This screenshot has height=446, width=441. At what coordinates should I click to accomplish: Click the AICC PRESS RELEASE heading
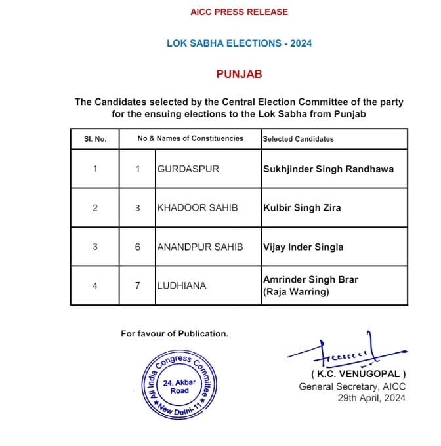click(239, 12)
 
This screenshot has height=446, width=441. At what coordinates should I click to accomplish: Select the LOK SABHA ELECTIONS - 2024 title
click(239, 43)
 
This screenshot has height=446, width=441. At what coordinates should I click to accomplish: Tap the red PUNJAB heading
click(239, 74)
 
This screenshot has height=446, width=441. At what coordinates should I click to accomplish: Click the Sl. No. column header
click(95, 139)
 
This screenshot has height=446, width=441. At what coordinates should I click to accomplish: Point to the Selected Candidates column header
click(298, 139)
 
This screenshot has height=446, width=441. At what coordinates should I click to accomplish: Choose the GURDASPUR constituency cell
click(188, 169)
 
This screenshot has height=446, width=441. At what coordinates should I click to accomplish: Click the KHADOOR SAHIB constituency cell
click(197, 208)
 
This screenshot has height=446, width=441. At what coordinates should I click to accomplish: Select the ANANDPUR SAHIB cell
click(199, 247)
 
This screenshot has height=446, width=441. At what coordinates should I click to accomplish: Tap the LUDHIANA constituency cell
click(182, 285)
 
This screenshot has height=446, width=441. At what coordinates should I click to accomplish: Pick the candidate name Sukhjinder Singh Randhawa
click(328, 169)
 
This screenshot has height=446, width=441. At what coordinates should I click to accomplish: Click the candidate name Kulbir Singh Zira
click(302, 208)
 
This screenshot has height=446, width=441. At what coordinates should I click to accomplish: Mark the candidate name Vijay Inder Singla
click(303, 247)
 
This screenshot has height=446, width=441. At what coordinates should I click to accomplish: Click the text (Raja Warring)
click(295, 292)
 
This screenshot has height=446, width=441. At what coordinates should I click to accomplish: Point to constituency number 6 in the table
click(138, 247)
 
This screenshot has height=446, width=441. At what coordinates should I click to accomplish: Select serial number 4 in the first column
click(95, 285)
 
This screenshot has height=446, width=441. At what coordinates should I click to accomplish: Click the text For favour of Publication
click(175, 333)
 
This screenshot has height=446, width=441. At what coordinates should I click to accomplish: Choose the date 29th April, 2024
click(371, 397)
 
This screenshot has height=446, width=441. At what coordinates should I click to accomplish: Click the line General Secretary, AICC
click(352, 386)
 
